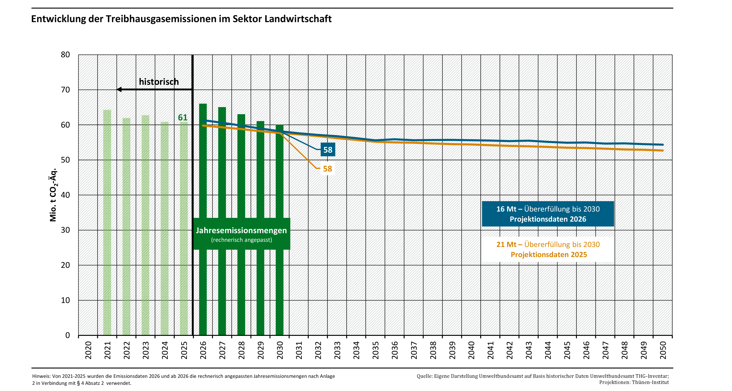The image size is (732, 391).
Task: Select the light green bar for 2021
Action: [x=107, y=222]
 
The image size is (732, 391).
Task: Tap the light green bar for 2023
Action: [x=145, y=225]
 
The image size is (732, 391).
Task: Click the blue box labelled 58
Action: [x=328, y=150]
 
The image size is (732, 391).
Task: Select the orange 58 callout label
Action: [x=327, y=169]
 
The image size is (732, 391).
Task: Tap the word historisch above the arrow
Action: [x=159, y=82]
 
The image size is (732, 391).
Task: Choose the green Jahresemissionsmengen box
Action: [x=242, y=234]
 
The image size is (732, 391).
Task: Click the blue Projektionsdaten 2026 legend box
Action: [x=548, y=214]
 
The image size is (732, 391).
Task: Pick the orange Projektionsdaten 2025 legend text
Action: [x=549, y=249]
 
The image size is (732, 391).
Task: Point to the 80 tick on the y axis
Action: [x=65, y=55]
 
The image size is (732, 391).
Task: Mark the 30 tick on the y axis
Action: [x=65, y=230]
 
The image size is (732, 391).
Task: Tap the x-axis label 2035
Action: [x=375, y=350]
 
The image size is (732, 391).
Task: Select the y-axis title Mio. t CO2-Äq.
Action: [x=53, y=195]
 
